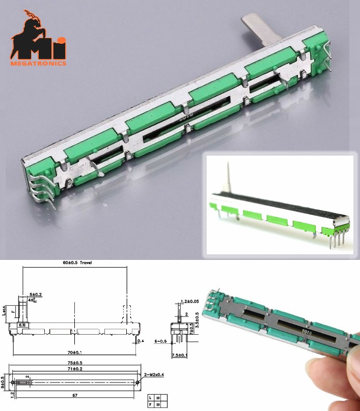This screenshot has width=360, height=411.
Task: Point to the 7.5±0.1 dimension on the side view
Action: [179, 355]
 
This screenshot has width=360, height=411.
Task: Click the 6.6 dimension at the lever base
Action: [22, 324]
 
